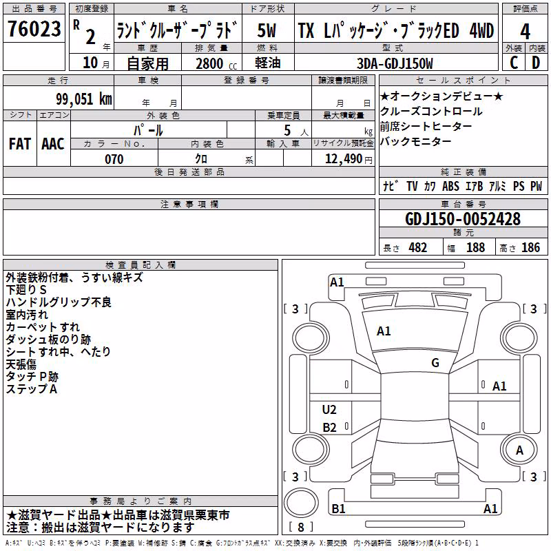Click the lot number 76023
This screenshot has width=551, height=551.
coord(34,29)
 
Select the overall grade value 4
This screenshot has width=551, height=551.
coord(525,32)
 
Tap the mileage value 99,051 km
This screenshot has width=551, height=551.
coord(84,98)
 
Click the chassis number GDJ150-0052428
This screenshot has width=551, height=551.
coord(463,219)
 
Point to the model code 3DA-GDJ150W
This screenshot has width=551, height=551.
coord(395,63)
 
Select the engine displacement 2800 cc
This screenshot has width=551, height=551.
coord(216,63)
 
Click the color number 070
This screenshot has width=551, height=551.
coord(114,159)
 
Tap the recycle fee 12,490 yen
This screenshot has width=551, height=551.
coord(349,159)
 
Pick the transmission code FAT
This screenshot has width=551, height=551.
coord(20,144)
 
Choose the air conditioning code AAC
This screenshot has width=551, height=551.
coord(53,144)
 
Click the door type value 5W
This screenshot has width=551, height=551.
coord(267,30)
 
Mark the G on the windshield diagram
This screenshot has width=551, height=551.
coord(435,363)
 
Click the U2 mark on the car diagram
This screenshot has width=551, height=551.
coord(329,410)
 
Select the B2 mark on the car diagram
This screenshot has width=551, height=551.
coord(329,427)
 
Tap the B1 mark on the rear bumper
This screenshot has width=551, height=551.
coord(338,508)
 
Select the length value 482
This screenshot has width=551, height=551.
coord(418,247)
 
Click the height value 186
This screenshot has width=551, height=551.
coord(530,247)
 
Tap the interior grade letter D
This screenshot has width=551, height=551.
coord(536,63)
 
